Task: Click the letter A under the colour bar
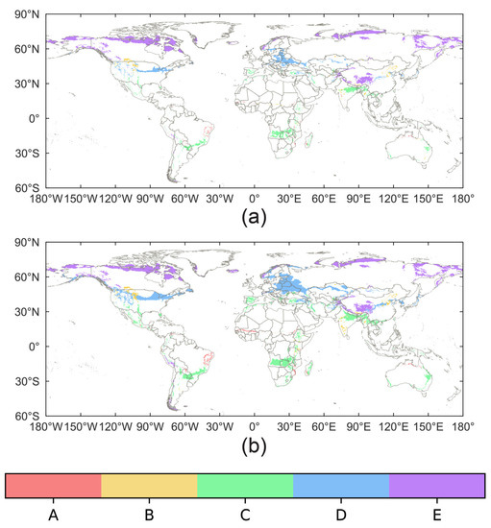point(54,516)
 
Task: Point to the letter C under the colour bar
point(245,516)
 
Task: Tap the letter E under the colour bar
point(436,516)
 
